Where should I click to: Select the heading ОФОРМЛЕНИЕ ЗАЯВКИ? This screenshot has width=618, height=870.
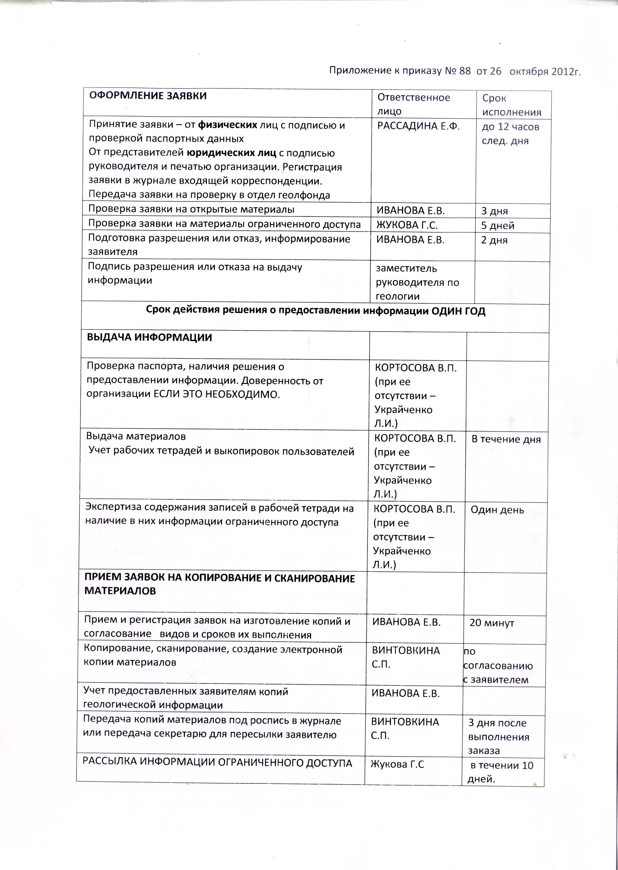(148, 96)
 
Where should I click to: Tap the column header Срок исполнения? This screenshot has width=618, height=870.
(511, 105)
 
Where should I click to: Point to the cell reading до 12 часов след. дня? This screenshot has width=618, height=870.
(510, 134)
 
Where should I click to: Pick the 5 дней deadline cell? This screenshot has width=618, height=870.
(497, 225)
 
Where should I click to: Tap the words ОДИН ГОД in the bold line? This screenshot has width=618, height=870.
(458, 311)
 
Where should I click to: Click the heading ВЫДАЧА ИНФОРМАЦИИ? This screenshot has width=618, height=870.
(149, 338)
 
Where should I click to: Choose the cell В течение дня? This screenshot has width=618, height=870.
(506, 439)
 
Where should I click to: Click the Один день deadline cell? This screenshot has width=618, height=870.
(497, 510)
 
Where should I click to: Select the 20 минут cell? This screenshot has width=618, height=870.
(492, 623)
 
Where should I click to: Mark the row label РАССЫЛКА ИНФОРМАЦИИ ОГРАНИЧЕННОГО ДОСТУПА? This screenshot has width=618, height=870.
(217, 763)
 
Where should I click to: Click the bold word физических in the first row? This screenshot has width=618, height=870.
(227, 125)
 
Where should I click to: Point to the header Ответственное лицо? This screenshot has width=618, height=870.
(413, 104)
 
